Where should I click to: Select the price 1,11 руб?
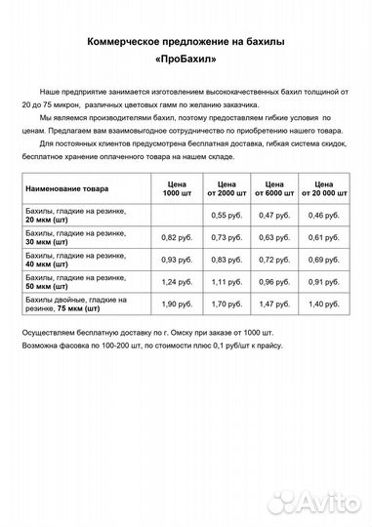(x=226, y=282)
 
